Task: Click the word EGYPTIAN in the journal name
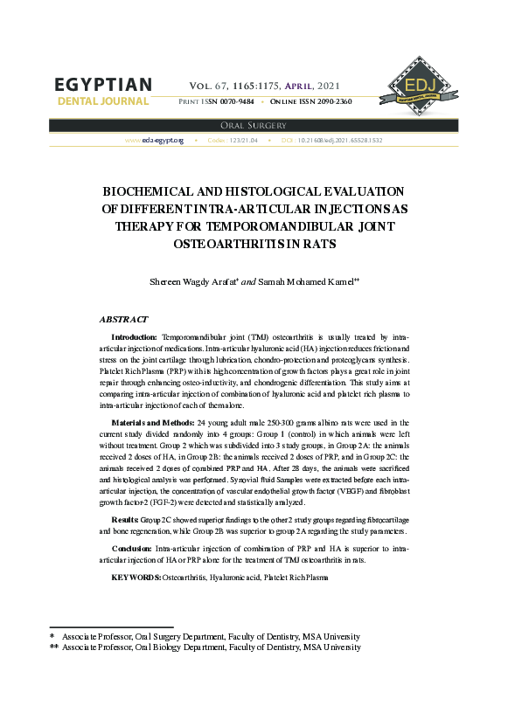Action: point(103,85)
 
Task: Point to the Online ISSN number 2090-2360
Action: point(328,102)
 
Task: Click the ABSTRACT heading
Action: point(123,320)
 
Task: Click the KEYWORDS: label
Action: point(136,578)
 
